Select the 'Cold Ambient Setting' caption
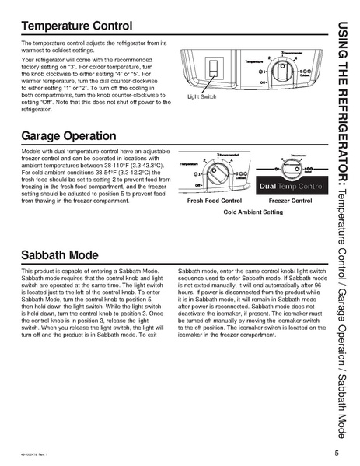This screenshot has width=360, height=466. [x=253, y=212]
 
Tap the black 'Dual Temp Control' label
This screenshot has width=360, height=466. [x=289, y=187]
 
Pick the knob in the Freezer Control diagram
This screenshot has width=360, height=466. [x=289, y=168]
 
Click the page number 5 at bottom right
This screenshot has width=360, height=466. [x=337, y=453]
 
